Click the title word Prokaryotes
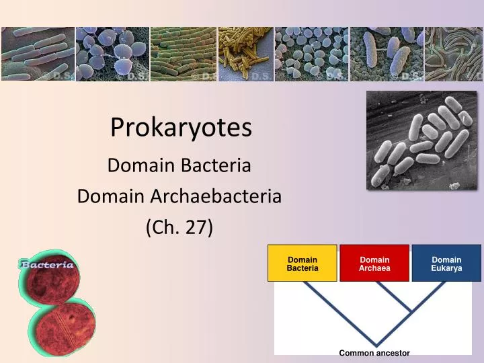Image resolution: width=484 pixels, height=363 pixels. pos(181,127)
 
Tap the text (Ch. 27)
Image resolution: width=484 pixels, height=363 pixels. pos(179,227)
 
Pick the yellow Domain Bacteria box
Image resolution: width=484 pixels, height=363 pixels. pos(302,264)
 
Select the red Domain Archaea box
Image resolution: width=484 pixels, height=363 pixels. pos(374,264)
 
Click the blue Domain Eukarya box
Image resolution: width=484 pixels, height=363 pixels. pos(446,264)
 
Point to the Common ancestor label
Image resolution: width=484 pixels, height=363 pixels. pos(374,352)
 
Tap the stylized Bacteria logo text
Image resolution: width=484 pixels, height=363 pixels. pos(46,264)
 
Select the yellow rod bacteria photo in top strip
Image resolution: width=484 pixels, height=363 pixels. pos(245,54)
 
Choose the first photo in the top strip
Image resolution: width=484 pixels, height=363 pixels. pos(38,54)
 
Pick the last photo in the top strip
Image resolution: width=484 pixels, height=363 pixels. pos(453,54)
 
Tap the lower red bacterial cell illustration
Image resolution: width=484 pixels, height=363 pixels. pos(65,327)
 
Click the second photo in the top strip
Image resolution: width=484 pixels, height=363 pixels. pos(112,54)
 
